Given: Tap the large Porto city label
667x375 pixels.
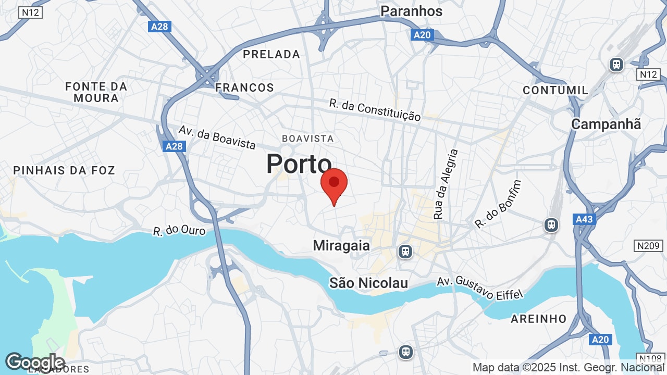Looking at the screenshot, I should click(299, 164).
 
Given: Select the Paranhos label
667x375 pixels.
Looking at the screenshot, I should click(411, 11).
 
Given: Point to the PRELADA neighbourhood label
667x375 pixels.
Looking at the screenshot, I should click(271, 54).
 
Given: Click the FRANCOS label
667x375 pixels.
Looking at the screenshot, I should click(244, 87).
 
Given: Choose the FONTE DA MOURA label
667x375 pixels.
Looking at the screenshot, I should click(96, 92).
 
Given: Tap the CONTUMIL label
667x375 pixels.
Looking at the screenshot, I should click(555, 90).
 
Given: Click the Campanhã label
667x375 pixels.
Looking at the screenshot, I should click(606, 124).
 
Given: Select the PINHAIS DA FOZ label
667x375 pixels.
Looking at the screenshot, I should click(64, 170).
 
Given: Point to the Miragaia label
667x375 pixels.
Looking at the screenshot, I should click(341, 245).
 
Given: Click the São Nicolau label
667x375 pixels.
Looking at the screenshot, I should click(368, 283).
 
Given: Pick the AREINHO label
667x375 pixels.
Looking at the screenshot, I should click(538, 319).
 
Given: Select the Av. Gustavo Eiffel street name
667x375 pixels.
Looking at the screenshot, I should click(479, 287).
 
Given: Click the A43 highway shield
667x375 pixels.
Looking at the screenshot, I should click(584, 219).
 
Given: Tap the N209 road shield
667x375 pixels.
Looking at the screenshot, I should click(648, 246).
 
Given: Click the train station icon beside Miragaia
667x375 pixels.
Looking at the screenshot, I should click(405, 252).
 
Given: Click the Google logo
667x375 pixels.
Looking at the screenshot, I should click(35, 362).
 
